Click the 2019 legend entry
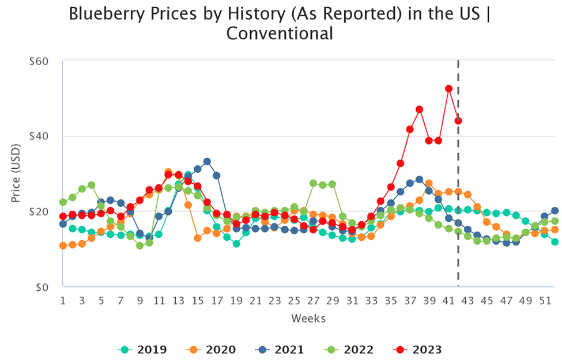pos(142,349)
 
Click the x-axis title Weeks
pos(308,319)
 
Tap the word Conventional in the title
pos(280,33)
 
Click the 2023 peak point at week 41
pos(448,89)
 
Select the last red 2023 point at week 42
pos(458,121)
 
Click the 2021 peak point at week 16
pos(207,161)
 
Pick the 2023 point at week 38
pos(420,109)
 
